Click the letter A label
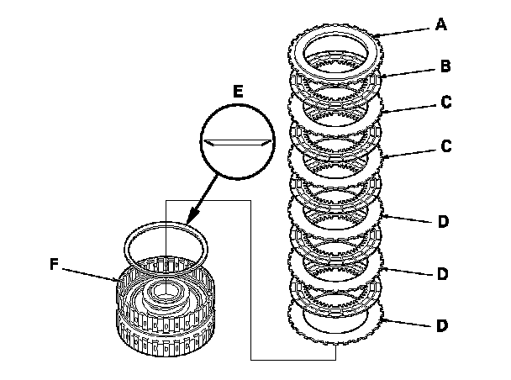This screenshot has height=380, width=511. (x=441, y=24)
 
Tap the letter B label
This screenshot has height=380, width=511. (x=445, y=66)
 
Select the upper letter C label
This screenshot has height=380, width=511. (x=445, y=102)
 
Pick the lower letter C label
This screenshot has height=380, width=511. (x=445, y=145)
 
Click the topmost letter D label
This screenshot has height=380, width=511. (x=443, y=222)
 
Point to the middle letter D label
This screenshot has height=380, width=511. (x=443, y=274)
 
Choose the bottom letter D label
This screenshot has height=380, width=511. (x=442, y=325)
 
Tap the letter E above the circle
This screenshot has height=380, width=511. (x=238, y=92)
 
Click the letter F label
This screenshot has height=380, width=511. (x=54, y=264)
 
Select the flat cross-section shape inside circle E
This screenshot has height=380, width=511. (x=238, y=142)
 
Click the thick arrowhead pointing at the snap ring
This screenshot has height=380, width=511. (x=193, y=216)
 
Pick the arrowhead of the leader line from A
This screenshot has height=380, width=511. (x=377, y=35)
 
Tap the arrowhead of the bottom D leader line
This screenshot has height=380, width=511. (x=386, y=320)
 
